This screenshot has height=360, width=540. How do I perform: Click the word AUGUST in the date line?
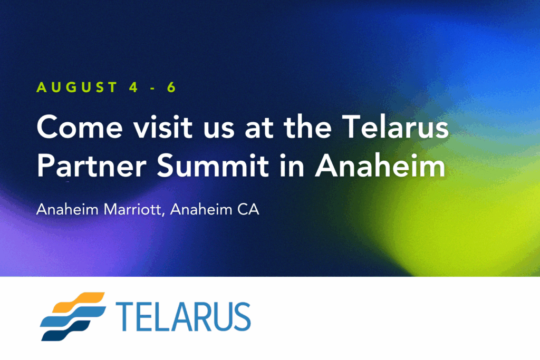pyautogui.click(x=77, y=87)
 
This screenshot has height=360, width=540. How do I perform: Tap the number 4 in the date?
pyautogui.click(x=133, y=87)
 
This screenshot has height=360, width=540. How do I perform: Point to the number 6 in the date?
pyautogui.click(x=171, y=87)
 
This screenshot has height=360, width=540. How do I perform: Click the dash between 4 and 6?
pyautogui.click(x=152, y=89)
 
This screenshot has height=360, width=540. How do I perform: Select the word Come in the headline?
pyautogui.click(x=80, y=127)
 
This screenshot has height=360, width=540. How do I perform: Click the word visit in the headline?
pyautogui.click(x=163, y=127)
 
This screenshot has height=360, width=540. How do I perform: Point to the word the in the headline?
pyautogui.click(x=307, y=127)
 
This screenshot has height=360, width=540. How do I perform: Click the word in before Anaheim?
pyautogui.click(x=292, y=165)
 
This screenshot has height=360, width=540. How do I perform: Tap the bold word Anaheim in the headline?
pyautogui.click(x=380, y=165)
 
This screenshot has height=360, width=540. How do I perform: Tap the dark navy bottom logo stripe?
pyautogui.click(x=65, y=330)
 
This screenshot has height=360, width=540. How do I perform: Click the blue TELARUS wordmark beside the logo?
pyautogui.click(x=183, y=317)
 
